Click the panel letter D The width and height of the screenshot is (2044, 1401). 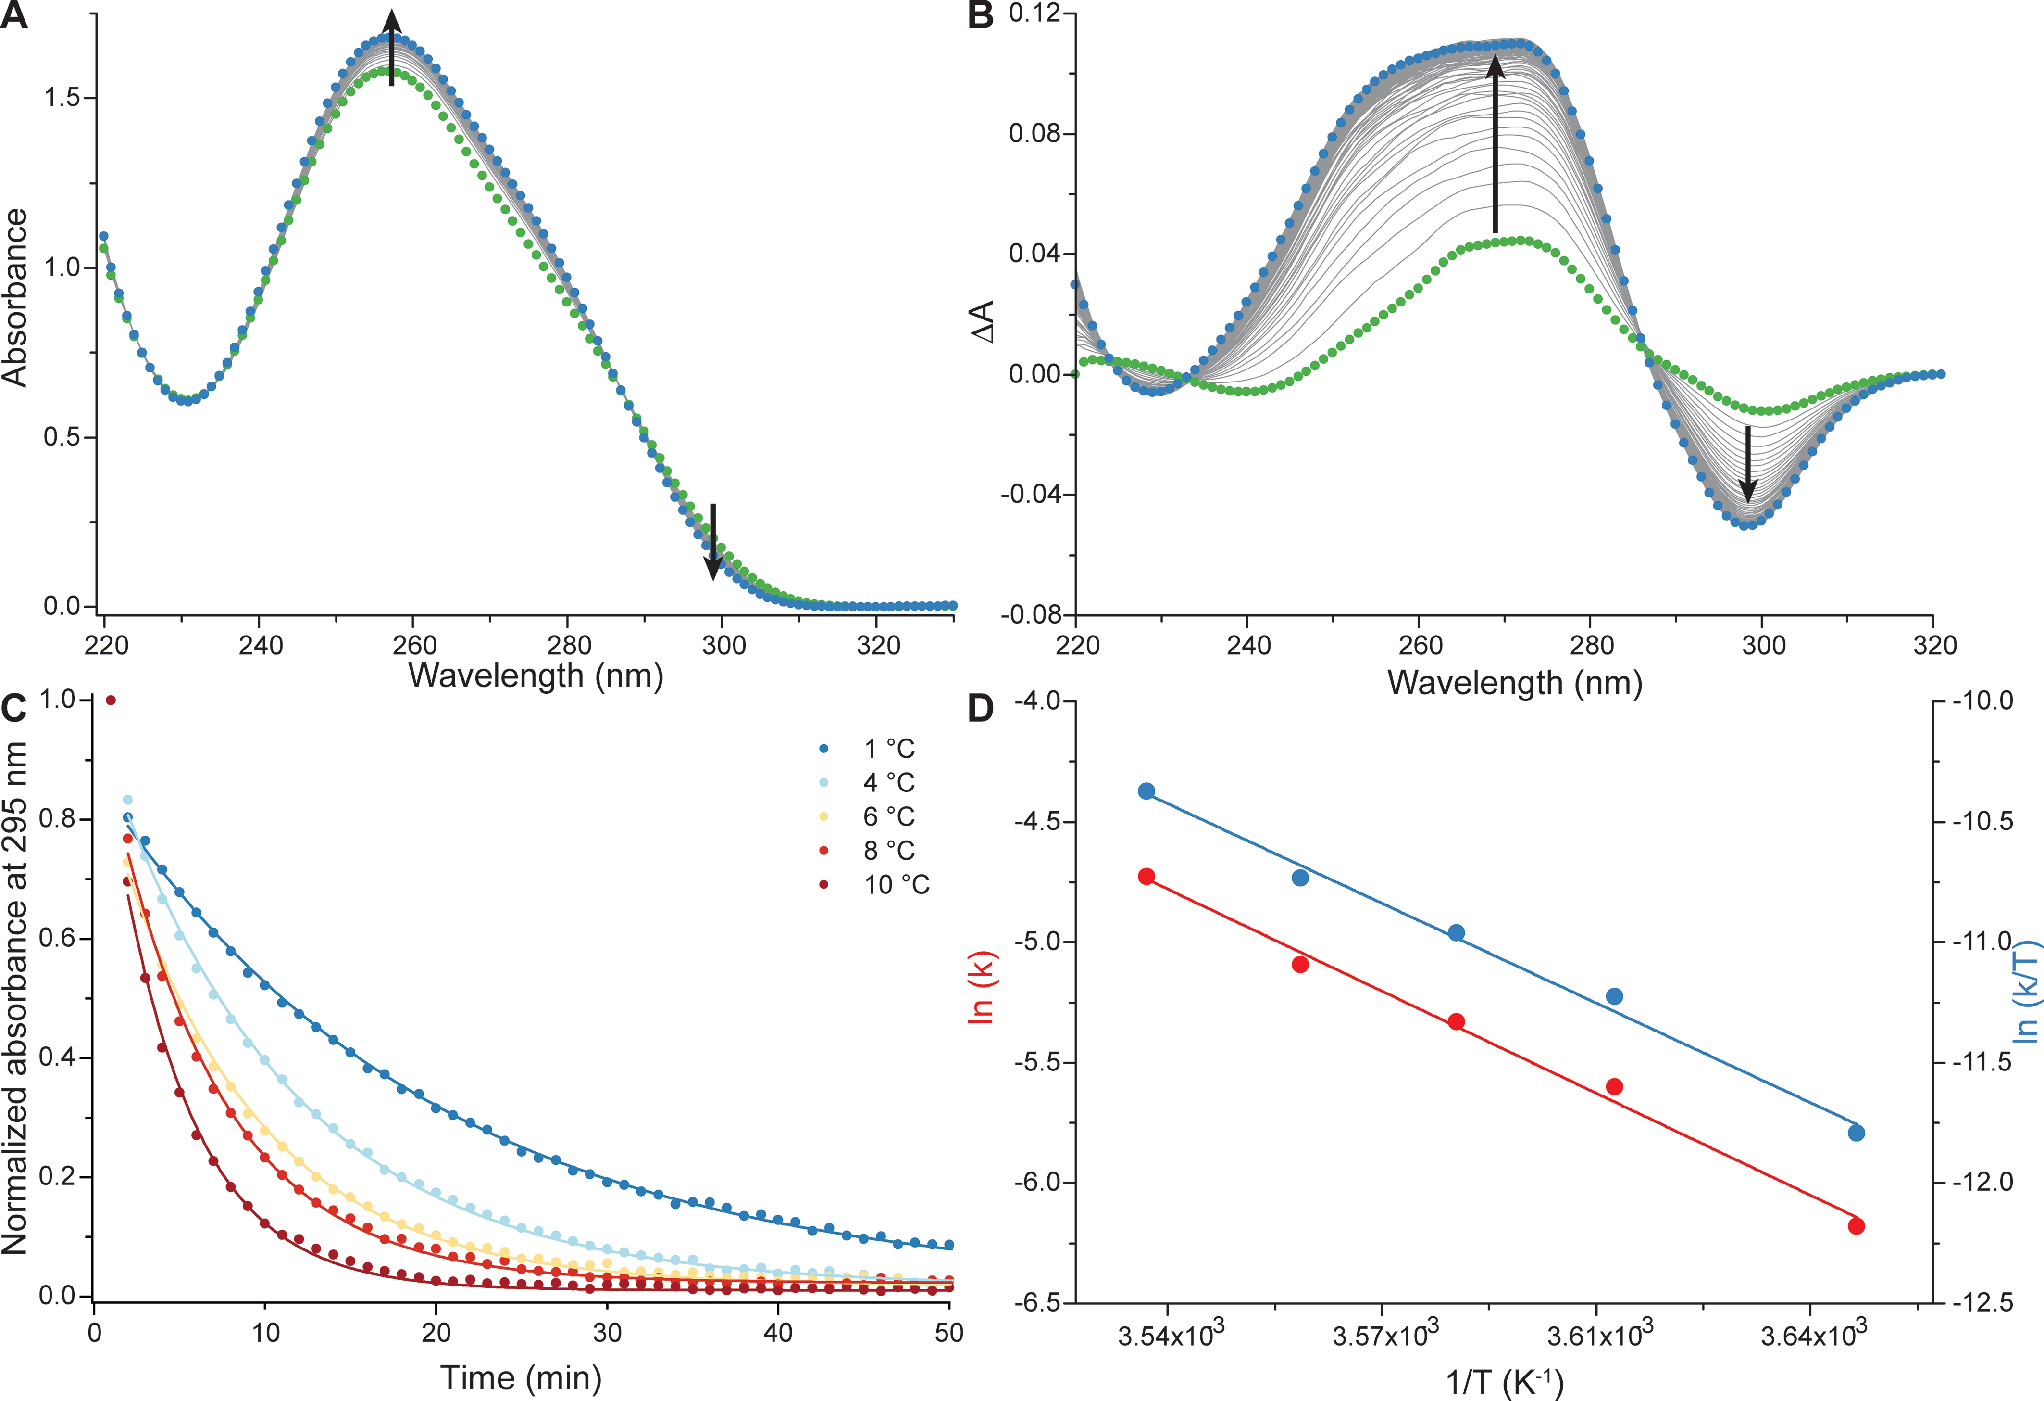[x=981, y=708]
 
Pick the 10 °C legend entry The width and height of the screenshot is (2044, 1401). [x=875, y=884]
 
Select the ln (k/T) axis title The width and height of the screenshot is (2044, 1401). [x=2026, y=992]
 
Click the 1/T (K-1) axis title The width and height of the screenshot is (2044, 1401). [x=1504, y=1382]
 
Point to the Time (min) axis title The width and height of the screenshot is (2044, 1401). [x=521, y=1377]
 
